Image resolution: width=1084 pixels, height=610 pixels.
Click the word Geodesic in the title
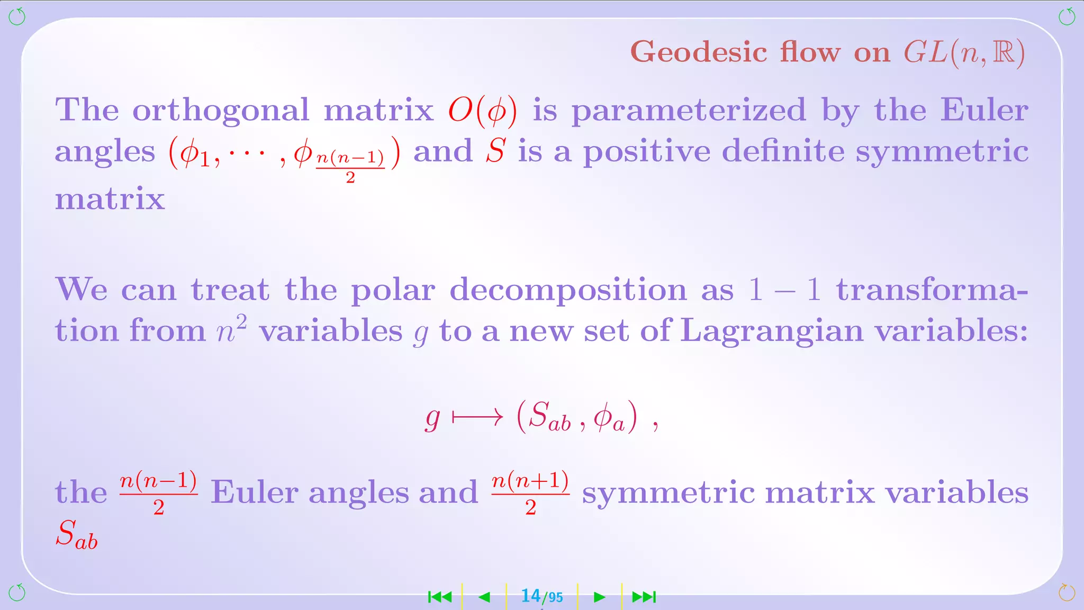[x=699, y=52]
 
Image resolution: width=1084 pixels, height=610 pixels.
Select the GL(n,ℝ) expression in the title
[x=964, y=52]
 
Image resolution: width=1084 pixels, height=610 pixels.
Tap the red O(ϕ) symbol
[x=482, y=111]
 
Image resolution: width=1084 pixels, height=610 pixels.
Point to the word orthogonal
[x=220, y=111]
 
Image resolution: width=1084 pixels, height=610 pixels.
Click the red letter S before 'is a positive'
[x=496, y=151]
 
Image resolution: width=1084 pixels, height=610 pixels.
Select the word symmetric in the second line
[x=942, y=151]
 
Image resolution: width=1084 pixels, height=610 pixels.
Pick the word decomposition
[x=568, y=290]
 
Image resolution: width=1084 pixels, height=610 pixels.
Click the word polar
[x=393, y=290]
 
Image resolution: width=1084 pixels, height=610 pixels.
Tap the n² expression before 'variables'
[x=232, y=329]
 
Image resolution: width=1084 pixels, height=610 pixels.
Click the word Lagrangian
[x=771, y=330]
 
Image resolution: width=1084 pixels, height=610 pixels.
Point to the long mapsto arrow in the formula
[x=477, y=418]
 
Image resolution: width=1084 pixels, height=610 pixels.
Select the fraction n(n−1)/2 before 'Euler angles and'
[x=159, y=492]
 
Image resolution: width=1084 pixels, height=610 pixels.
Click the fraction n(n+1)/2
[x=530, y=492]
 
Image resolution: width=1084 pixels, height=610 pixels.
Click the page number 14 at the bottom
[x=530, y=596]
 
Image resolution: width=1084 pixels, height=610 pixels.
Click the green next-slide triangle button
[x=599, y=597]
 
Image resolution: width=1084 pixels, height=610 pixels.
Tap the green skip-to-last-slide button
[x=644, y=597]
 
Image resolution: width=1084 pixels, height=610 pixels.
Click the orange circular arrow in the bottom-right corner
[x=1067, y=593]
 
